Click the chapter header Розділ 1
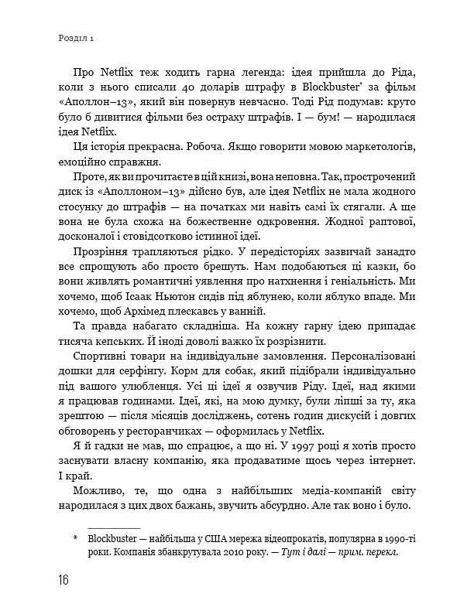point(75,37)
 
